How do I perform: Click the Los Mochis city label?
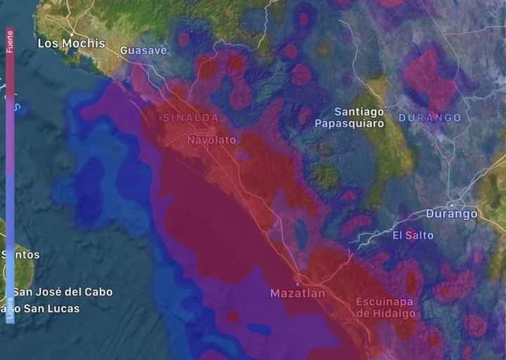coord(71,43)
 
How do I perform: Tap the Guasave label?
coord(143,51)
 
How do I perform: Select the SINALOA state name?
coord(190,117)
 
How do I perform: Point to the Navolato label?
coord(212,140)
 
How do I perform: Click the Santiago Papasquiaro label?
coord(359,117)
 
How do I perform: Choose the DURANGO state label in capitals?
coord(430,117)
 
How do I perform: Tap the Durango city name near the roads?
coord(451,214)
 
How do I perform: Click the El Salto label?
coord(413,235)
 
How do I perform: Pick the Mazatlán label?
coord(298,292)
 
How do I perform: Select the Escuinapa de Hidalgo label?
coord(386,307)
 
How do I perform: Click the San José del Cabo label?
coord(63,292)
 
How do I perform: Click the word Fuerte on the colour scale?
coord(10,41)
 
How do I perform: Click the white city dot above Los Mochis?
coord(72,33)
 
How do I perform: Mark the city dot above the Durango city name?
coord(455,205)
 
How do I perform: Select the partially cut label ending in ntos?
coord(20,255)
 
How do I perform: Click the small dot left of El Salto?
coord(387,235)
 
